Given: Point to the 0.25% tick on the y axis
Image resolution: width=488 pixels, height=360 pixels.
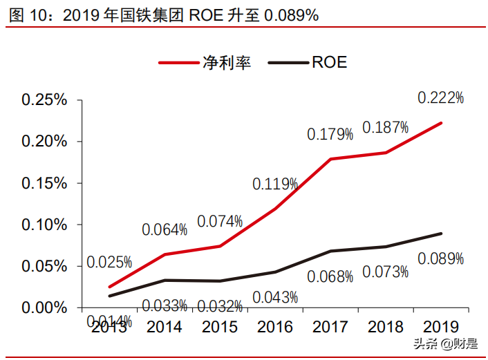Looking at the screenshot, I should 44,100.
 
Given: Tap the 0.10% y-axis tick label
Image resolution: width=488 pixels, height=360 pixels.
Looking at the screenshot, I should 44,225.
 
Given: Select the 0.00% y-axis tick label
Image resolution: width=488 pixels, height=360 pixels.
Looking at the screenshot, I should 44,307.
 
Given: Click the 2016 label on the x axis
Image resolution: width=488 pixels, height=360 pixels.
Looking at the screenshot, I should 275,326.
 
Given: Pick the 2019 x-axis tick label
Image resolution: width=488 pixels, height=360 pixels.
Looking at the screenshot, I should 440,326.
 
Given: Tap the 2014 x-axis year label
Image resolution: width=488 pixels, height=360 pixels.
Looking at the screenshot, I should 165,326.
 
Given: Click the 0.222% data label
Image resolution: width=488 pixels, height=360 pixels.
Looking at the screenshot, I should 440,98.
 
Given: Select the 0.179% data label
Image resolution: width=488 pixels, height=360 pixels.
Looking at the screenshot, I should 330,133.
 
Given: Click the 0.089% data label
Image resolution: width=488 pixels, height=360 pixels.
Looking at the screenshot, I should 440,258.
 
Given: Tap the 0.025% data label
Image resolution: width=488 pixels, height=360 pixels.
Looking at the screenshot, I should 109,262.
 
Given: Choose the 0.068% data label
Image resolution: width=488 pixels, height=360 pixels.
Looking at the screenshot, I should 330,276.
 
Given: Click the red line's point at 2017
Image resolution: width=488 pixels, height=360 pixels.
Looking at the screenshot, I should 330,159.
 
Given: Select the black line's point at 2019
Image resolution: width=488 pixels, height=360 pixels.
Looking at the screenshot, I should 441,234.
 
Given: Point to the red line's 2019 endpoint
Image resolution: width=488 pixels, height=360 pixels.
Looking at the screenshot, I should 441,123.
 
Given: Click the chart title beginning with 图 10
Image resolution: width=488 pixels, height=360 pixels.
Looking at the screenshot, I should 164,15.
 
